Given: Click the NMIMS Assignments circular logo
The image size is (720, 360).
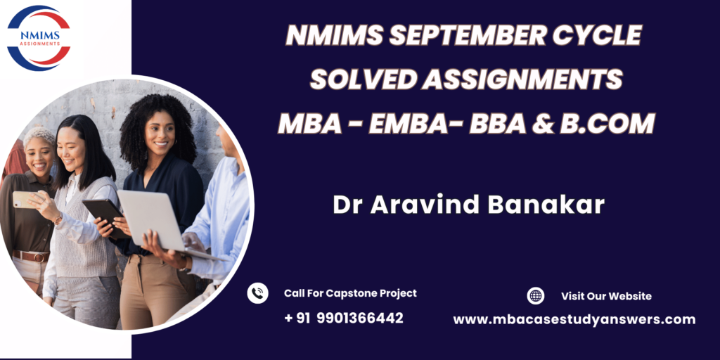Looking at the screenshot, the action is (39, 38).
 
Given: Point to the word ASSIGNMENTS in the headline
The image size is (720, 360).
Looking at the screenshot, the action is (522, 79).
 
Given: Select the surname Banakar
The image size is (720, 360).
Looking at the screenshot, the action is (546, 205).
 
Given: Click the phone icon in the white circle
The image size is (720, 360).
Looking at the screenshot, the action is (257, 293).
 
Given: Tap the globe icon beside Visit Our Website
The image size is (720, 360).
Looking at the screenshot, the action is (535, 296).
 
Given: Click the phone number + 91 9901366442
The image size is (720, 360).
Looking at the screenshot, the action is (343, 318).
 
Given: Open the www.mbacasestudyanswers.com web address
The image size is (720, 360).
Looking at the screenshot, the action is (574, 319).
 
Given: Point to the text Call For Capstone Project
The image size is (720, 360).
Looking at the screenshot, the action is (350, 293).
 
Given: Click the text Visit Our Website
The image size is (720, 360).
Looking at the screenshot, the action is (606, 296).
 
